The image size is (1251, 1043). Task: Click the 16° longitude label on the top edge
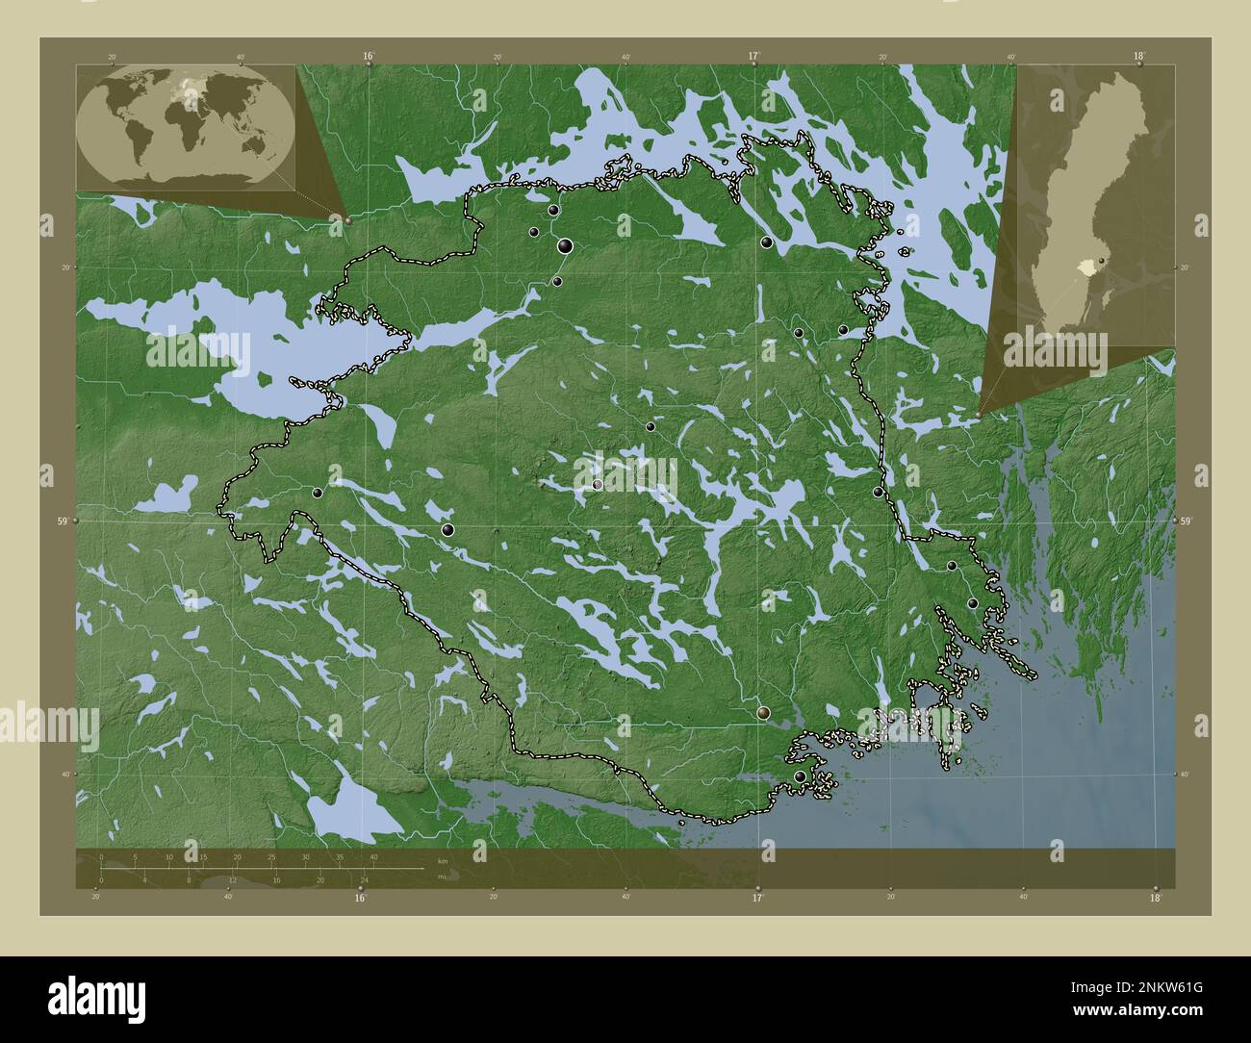click(369, 56)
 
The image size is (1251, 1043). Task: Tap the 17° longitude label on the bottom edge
click(757, 899)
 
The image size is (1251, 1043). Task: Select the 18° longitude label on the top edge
click(1139, 56)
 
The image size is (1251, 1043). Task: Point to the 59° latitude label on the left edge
click(62, 521)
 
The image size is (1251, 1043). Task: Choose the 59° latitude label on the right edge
click(1186, 521)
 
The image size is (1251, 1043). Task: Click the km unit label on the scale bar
click(443, 860)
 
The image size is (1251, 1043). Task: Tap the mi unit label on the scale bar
click(442, 877)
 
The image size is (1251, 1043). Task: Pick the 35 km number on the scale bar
click(339, 856)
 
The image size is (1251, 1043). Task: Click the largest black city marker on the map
click(565, 247)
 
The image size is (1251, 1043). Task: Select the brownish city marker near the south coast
click(764, 713)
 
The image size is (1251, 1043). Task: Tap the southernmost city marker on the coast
click(800, 776)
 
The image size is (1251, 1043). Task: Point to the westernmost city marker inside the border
click(317, 493)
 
